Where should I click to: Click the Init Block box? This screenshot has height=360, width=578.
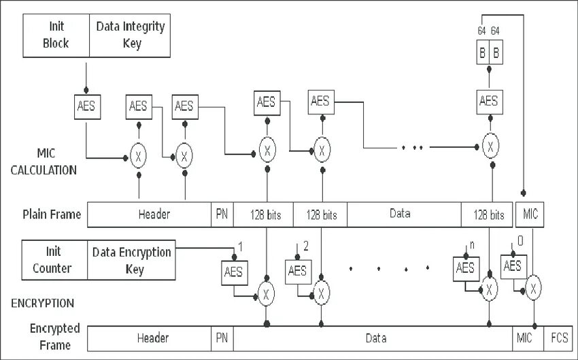click(56, 35)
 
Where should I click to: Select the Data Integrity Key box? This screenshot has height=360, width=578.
click(130, 35)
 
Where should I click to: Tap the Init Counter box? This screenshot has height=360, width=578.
click(54, 260)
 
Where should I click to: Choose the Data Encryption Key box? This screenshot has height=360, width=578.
click(132, 260)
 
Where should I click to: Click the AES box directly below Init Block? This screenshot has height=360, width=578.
click(87, 107)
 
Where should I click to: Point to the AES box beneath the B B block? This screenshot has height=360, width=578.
click(490, 102)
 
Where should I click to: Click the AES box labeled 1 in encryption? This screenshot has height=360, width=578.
click(235, 273)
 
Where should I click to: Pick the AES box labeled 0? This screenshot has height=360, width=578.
click(513, 267)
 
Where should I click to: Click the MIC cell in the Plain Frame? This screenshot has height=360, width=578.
click(530, 214)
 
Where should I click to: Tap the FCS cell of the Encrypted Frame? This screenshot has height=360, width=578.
click(559, 338)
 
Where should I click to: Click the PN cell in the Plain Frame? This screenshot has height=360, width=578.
click(222, 214)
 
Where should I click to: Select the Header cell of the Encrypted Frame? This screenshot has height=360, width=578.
click(150, 338)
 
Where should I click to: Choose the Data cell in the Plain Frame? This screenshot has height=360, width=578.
click(404, 214)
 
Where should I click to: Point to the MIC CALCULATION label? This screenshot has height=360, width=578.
click(44, 161)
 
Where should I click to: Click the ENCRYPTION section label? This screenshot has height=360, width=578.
click(42, 304)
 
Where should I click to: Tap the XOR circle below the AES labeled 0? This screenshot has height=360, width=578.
click(533, 288)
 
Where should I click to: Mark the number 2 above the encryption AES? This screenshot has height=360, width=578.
click(306, 246)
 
